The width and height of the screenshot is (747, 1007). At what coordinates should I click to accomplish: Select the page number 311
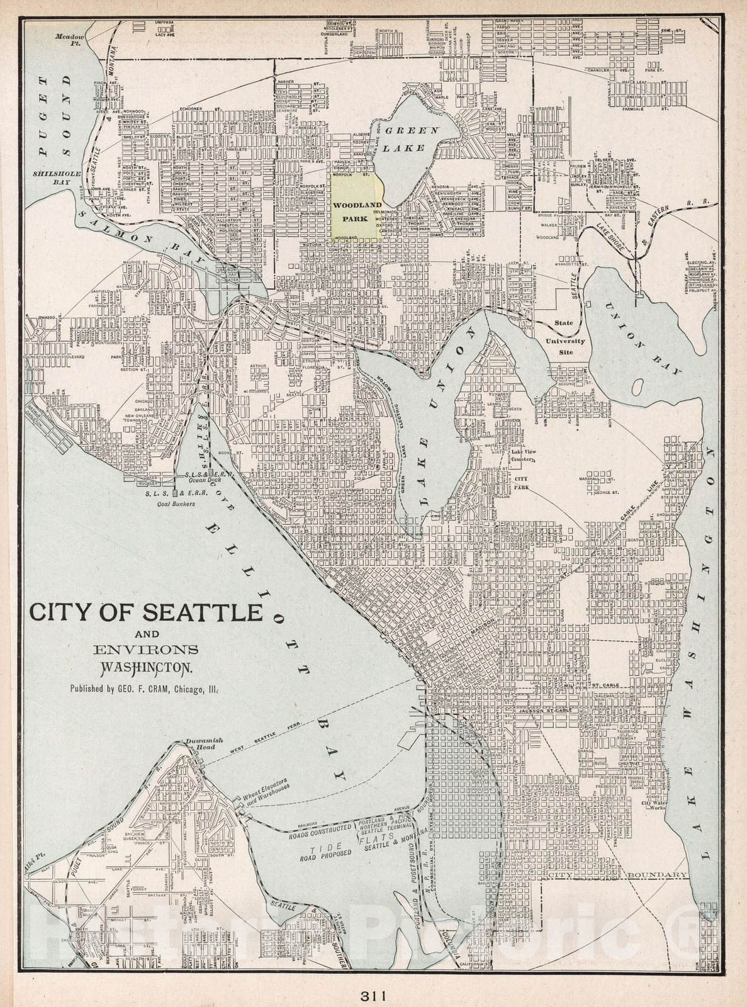click(x=373, y=996)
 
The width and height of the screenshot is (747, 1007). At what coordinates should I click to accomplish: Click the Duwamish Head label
click(x=201, y=744)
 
